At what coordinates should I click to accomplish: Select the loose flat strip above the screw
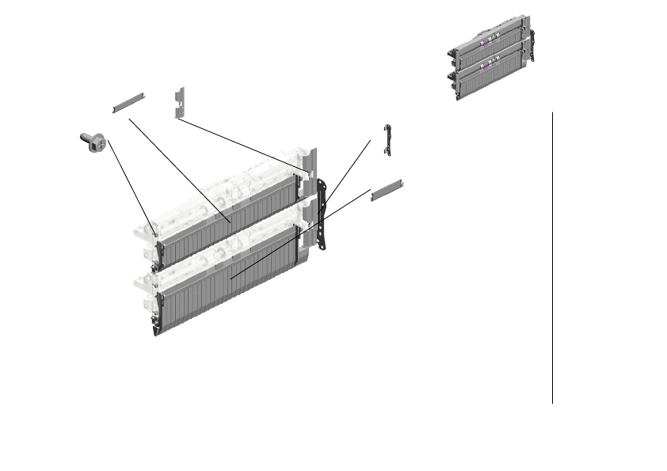pos(128,101)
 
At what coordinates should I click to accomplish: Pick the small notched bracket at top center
pos(179,102)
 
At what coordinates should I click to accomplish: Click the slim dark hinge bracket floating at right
pos(387,140)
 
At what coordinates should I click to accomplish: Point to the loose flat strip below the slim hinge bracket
pos(388,189)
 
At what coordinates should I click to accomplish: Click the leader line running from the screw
pos(131,182)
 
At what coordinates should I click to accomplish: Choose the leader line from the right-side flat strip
pos(301,234)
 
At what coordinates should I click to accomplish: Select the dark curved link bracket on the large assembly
pos(322,214)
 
